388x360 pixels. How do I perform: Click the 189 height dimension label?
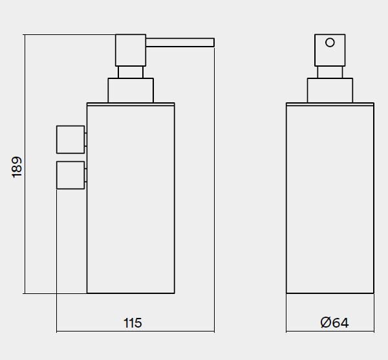[17, 167]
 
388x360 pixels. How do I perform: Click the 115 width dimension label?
[133, 323]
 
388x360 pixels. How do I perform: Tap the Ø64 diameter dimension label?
[334, 322]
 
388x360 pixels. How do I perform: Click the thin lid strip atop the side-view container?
[131, 104]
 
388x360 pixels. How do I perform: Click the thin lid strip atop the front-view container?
[330, 104]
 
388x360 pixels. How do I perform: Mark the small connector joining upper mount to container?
[85, 140]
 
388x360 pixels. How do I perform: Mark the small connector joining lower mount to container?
[85, 175]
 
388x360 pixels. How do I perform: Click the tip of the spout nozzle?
[214, 42]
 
